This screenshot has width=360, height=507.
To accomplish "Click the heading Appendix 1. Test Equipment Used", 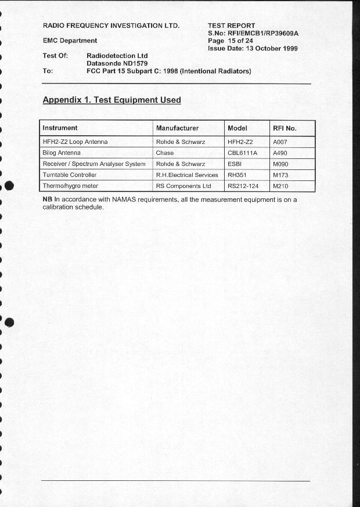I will (x=111, y=100).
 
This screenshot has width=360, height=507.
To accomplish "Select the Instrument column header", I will (x=60, y=128).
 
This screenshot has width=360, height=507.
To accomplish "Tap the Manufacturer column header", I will (x=177, y=128).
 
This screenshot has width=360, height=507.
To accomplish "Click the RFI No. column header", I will (x=285, y=128).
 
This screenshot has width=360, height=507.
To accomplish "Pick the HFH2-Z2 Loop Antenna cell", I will (x=75, y=142).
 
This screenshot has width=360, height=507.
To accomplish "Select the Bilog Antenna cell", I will (x=62, y=153).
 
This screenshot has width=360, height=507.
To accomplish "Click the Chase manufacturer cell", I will (x=165, y=153).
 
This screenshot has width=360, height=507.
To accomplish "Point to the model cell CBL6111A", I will (x=242, y=153).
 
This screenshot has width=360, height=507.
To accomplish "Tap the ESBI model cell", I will (x=235, y=164).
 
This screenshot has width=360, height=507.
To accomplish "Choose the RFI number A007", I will (x=280, y=142).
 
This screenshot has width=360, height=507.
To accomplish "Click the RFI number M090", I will (x=280, y=164).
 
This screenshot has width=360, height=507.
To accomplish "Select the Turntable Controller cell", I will (x=70, y=175).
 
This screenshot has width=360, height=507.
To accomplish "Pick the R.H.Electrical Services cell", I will (x=187, y=175).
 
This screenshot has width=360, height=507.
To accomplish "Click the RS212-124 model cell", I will (x=243, y=186).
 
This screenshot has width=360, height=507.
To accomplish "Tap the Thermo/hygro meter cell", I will (x=70, y=186).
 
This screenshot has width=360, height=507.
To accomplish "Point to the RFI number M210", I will (x=280, y=186).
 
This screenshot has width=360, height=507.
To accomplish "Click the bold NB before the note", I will (x=48, y=200).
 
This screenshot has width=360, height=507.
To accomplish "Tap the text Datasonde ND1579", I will (x=117, y=63).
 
